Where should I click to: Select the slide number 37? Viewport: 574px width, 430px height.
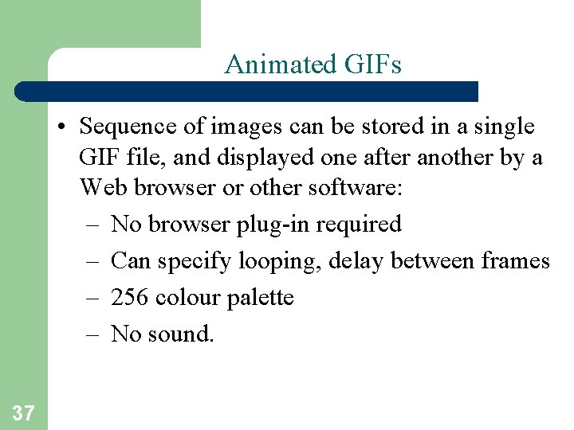(x=23, y=412)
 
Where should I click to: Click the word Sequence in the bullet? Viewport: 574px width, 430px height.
(x=126, y=127)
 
